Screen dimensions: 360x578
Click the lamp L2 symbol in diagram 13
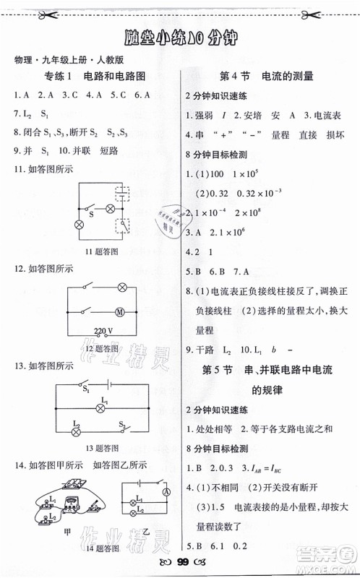(x=74, y=430)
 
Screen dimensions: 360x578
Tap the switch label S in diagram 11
(x=91, y=214)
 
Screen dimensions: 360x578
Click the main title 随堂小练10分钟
(x=180, y=36)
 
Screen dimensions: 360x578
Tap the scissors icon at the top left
(x=15, y=12)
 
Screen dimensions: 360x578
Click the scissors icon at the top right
(x=345, y=12)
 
